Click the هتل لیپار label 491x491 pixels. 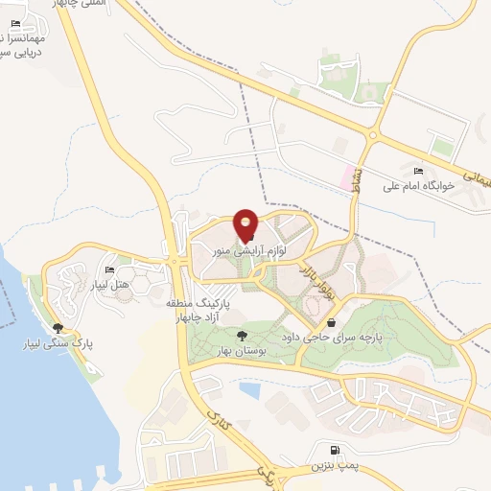(x=108, y=285)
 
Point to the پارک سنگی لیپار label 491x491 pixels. (x=65, y=342)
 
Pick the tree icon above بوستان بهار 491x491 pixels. (x=242, y=337)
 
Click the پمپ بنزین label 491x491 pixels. (x=333, y=467)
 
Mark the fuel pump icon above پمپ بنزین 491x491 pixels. (x=333, y=451)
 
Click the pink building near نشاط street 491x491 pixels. (x=344, y=177)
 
